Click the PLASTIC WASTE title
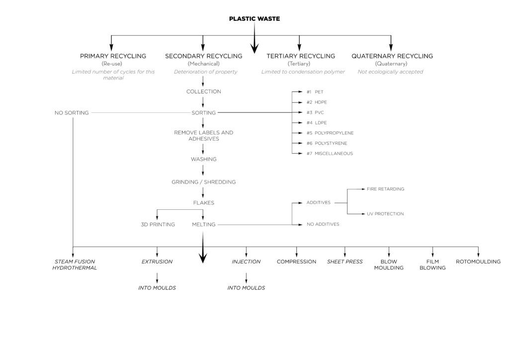254,19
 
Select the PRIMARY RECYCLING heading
113,56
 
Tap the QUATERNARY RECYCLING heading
392,56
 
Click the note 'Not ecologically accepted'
390,72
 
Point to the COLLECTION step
203,91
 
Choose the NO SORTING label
72,113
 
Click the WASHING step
203,159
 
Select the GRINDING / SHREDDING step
203,182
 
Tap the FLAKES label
203,203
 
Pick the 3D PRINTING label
158,224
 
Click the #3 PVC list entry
315,112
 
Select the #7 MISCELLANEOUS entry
329,154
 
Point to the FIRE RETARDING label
385,189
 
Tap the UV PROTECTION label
385,214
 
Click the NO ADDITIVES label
323,224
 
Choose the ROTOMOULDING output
478,262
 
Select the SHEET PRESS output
344,262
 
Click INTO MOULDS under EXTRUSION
157,288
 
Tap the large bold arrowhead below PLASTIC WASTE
254,48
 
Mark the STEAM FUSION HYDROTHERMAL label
75,265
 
